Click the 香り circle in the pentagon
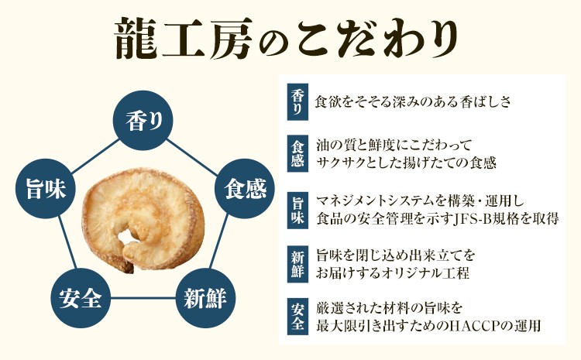pyautogui.click(x=143, y=120)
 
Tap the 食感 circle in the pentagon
pyautogui.click(x=245, y=189)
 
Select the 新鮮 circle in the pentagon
pyautogui.click(x=205, y=298)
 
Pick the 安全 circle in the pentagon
pyautogui.click(x=81, y=298)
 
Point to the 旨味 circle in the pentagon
pyautogui.click(x=46, y=189)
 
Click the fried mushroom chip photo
pyautogui.click(x=143, y=219)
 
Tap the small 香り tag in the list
pyautogui.click(x=297, y=102)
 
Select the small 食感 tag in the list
pyautogui.click(x=297, y=153)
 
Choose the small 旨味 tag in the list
pyautogui.click(x=297, y=210)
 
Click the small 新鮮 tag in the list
pyautogui.click(x=297, y=265)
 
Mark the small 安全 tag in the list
pyautogui.click(x=297, y=317)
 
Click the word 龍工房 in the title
pyautogui.click(x=184, y=39)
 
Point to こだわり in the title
pyautogui.click(x=378, y=39)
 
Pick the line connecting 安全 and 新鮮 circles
pyautogui.click(x=143, y=298)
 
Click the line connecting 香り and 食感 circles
pyautogui.click(x=191, y=156)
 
